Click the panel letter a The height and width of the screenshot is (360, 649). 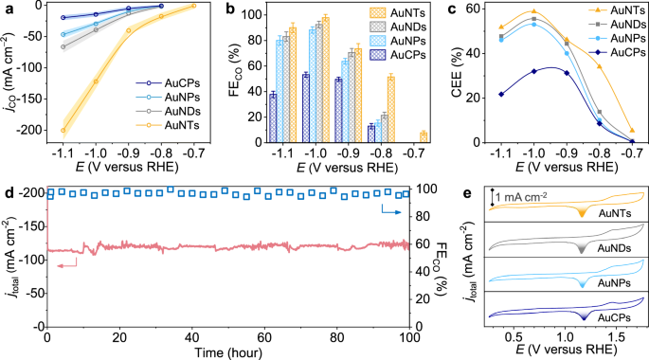coord(7,8)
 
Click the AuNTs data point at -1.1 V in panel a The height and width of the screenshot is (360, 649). coord(63,131)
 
